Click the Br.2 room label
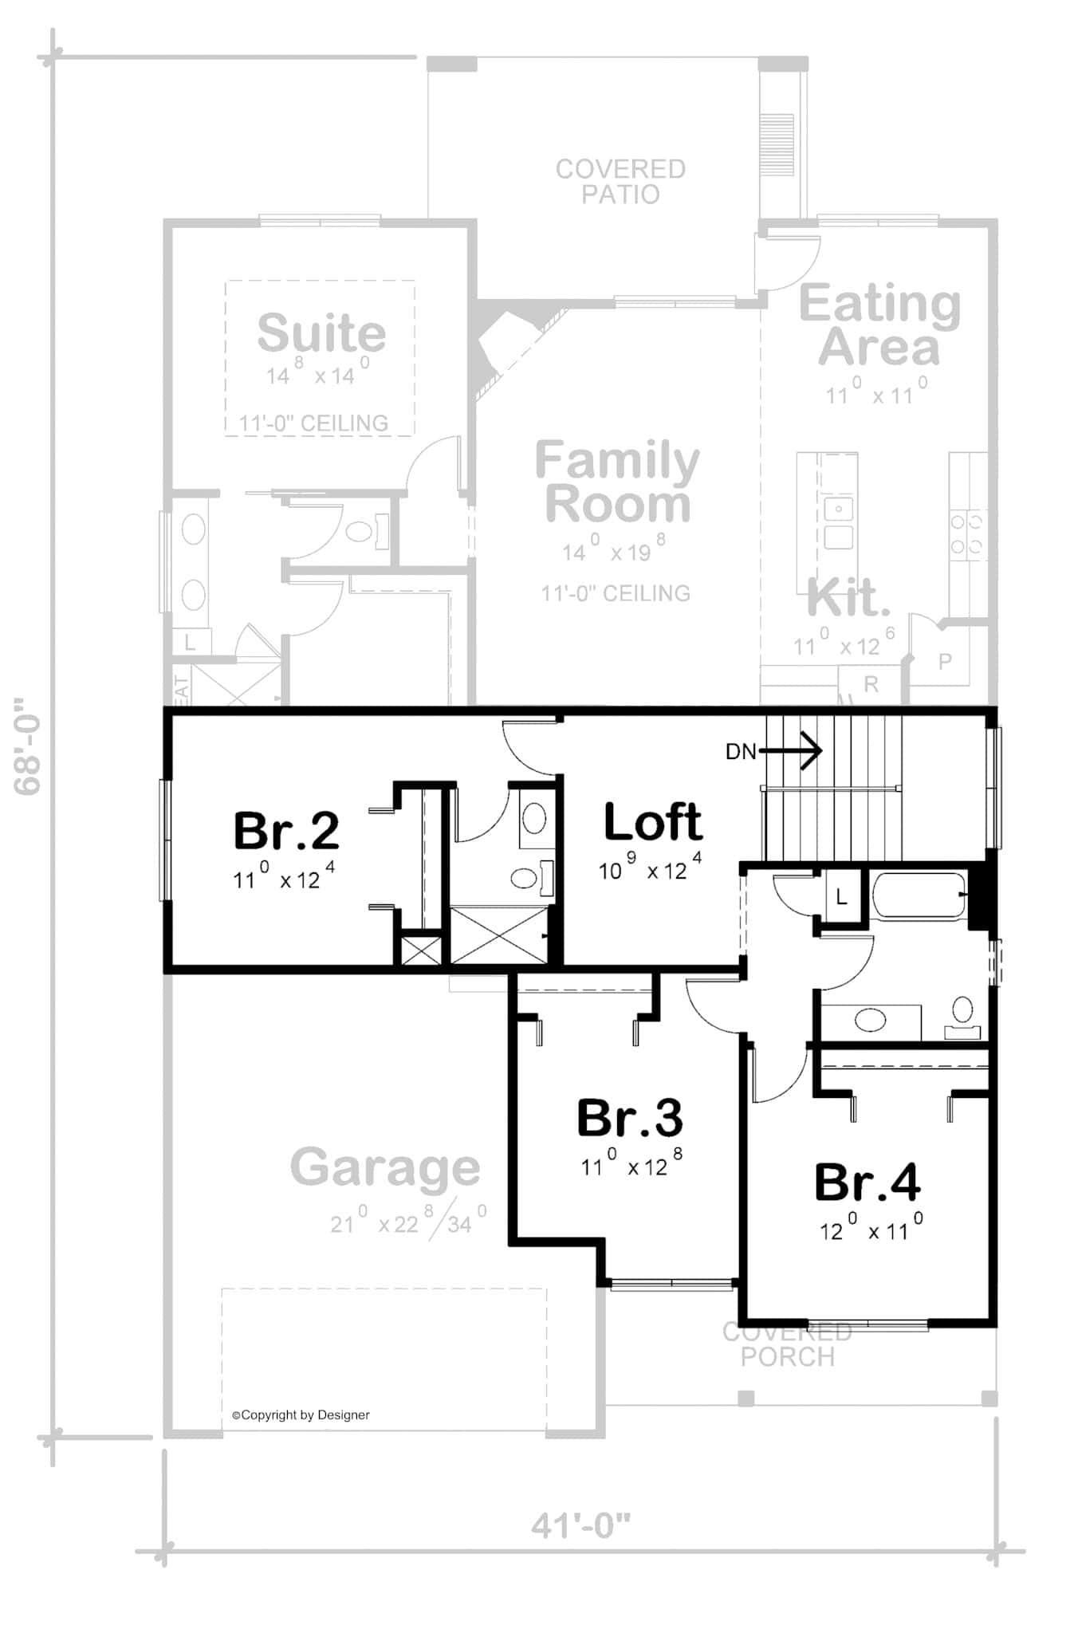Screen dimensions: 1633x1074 tap(286, 831)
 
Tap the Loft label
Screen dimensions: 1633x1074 tap(652, 823)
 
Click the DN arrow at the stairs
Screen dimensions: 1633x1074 tap(789, 750)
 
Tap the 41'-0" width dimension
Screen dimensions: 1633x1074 tap(580, 1525)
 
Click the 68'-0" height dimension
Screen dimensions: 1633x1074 tap(29, 746)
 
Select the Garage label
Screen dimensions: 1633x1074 tap(385, 1167)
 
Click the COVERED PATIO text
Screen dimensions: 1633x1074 tap(620, 181)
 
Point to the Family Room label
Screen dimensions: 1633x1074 tap(617, 482)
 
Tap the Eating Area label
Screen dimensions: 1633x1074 tap(879, 325)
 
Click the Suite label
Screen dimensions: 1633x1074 tap(321, 333)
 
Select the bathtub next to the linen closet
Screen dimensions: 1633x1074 tap(918, 897)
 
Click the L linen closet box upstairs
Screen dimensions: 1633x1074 tap(841, 898)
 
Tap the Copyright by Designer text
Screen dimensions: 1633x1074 tap(301, 1415)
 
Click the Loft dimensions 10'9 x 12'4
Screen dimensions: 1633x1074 tap(650, 868)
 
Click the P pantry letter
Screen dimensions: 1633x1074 tap(945, 661)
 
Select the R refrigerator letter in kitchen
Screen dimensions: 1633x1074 tap(871, 683)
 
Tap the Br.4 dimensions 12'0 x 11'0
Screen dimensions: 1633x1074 tap(871, 1229)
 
